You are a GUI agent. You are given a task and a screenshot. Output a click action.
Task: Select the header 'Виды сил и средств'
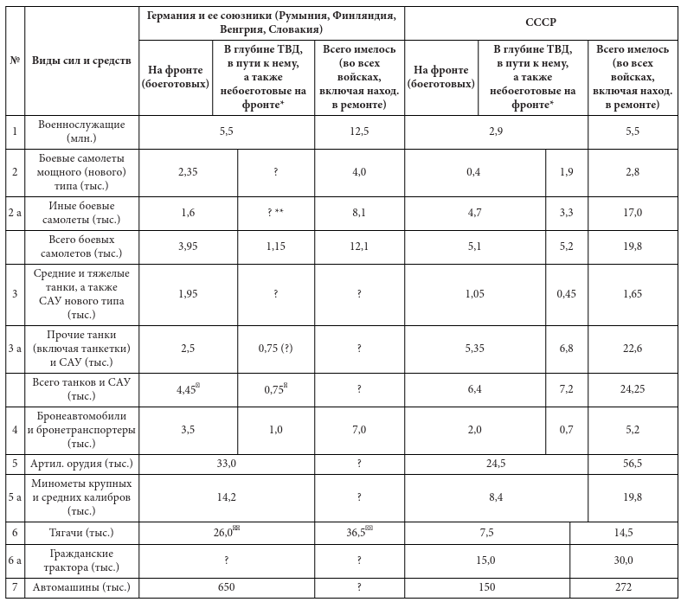tap(81, 61)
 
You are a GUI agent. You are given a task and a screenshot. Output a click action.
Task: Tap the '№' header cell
tap(15, 61)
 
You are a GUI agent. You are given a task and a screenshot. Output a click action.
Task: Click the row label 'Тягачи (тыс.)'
tap(81, 533)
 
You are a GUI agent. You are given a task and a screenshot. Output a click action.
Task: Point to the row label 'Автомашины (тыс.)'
tap(81, 587)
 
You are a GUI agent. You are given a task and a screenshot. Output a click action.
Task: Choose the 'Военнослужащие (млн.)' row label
tap(81, 131)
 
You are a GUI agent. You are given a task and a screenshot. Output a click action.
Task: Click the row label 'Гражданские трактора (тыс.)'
tap(81, 560)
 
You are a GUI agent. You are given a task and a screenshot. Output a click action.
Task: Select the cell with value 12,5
tap(357, 130)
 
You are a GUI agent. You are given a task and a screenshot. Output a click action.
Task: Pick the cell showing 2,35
tap(188, 172)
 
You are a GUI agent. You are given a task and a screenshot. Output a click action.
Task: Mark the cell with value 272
tap(626, 587)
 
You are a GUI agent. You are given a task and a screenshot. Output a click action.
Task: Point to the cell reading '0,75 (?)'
tap(274, 348)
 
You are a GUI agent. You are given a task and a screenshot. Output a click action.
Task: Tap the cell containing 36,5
tap(357, 533)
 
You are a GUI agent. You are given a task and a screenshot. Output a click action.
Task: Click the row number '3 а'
tap(15, 348)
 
